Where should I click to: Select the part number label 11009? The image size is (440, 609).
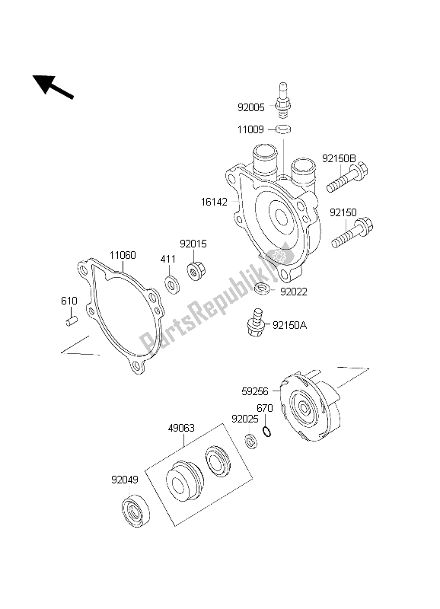(x=251, y=131)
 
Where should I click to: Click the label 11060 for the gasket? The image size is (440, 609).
(x=122, y=255)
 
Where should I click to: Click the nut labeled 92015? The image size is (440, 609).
(x=194, y=272)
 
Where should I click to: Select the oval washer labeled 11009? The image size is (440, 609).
(x=284, y=130)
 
